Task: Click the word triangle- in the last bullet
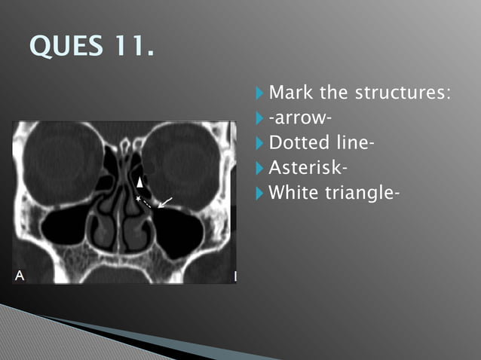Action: click(363, 193)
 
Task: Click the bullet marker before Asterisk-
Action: click(260, 168)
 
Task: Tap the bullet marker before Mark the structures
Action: click(260, 94)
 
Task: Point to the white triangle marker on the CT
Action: click(139, 182)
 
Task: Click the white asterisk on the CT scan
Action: click(137, 197)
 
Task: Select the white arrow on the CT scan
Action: click(164, 201)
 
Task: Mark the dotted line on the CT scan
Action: click(146, 202)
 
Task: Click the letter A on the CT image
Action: click(20, 276)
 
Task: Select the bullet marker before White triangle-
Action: click(260, 193)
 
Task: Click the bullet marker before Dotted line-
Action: click(260, 143)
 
